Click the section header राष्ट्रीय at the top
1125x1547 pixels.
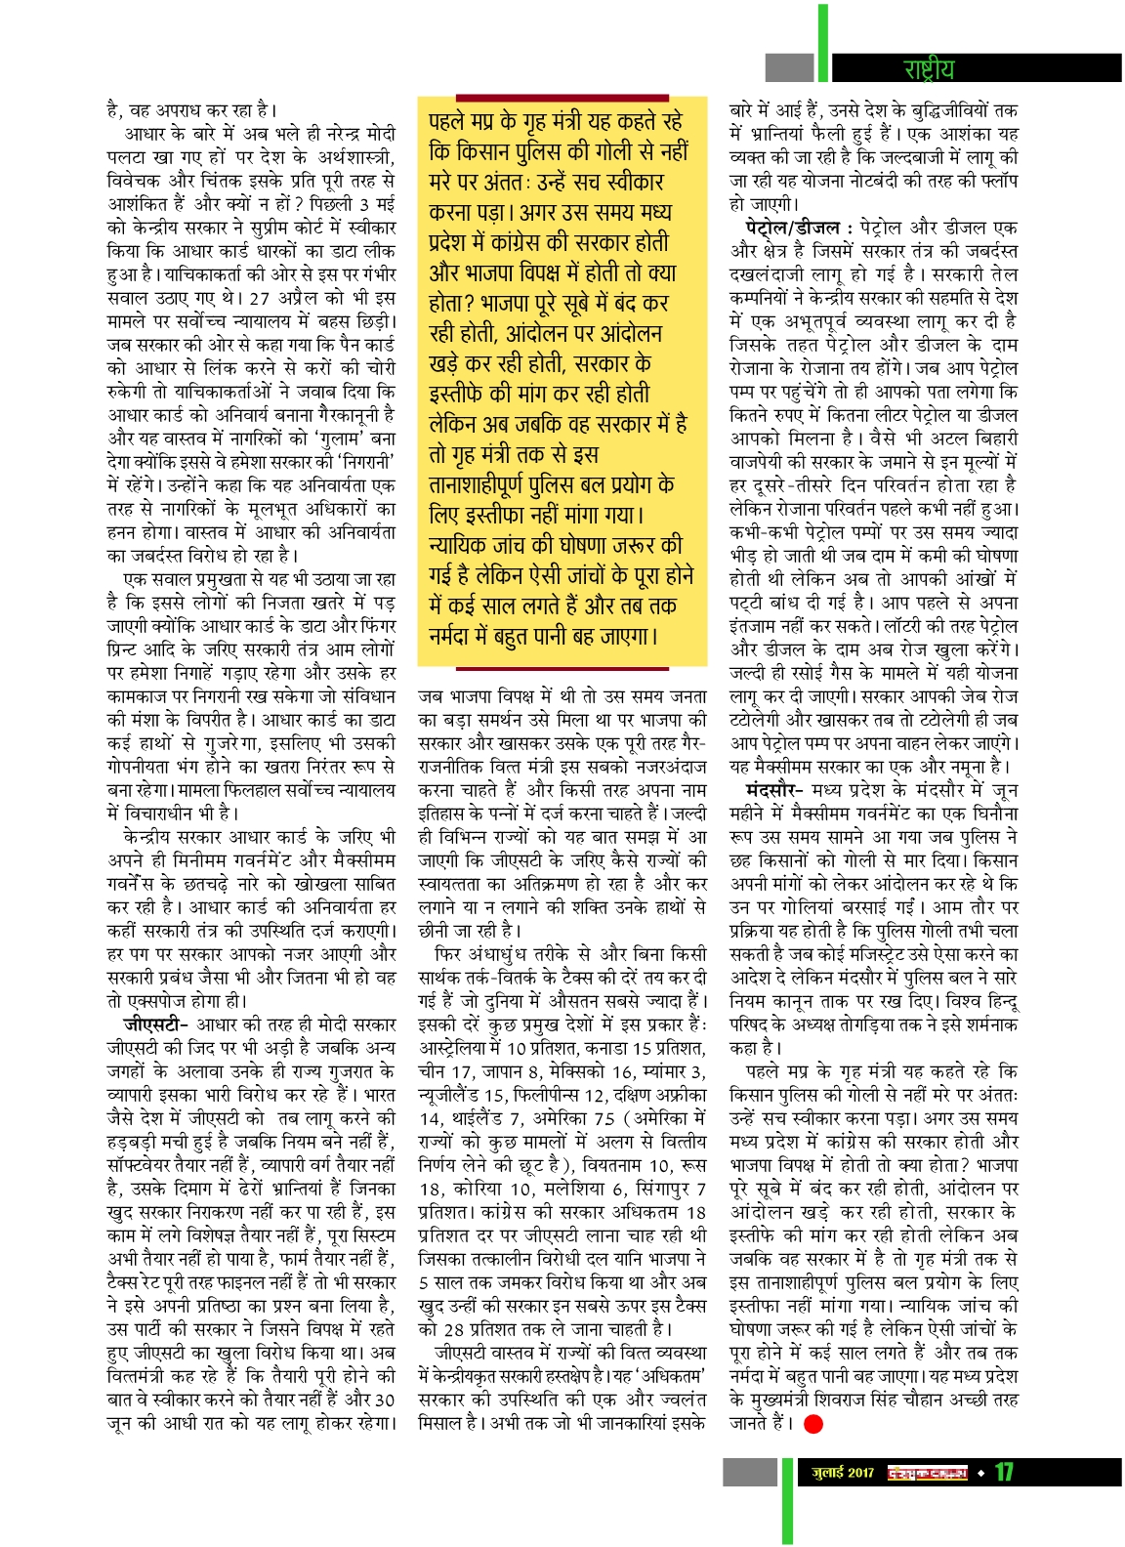(x=928, y=68)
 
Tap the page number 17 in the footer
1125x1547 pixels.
(x=1004, y=1472)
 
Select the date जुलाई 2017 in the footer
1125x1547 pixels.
(x=843, y=1472)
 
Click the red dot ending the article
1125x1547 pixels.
(x=812, y=1424)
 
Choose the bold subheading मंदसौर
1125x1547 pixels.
(x=773, y=790)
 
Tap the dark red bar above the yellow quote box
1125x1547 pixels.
(x=562, y=98)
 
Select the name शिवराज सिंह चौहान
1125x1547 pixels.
(x=912, y=1400)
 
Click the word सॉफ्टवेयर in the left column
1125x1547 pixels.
(x=149, y=1165)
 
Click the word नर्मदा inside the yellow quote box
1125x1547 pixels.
(x=456, y=637)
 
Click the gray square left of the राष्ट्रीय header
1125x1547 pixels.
(x=789, y=68)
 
